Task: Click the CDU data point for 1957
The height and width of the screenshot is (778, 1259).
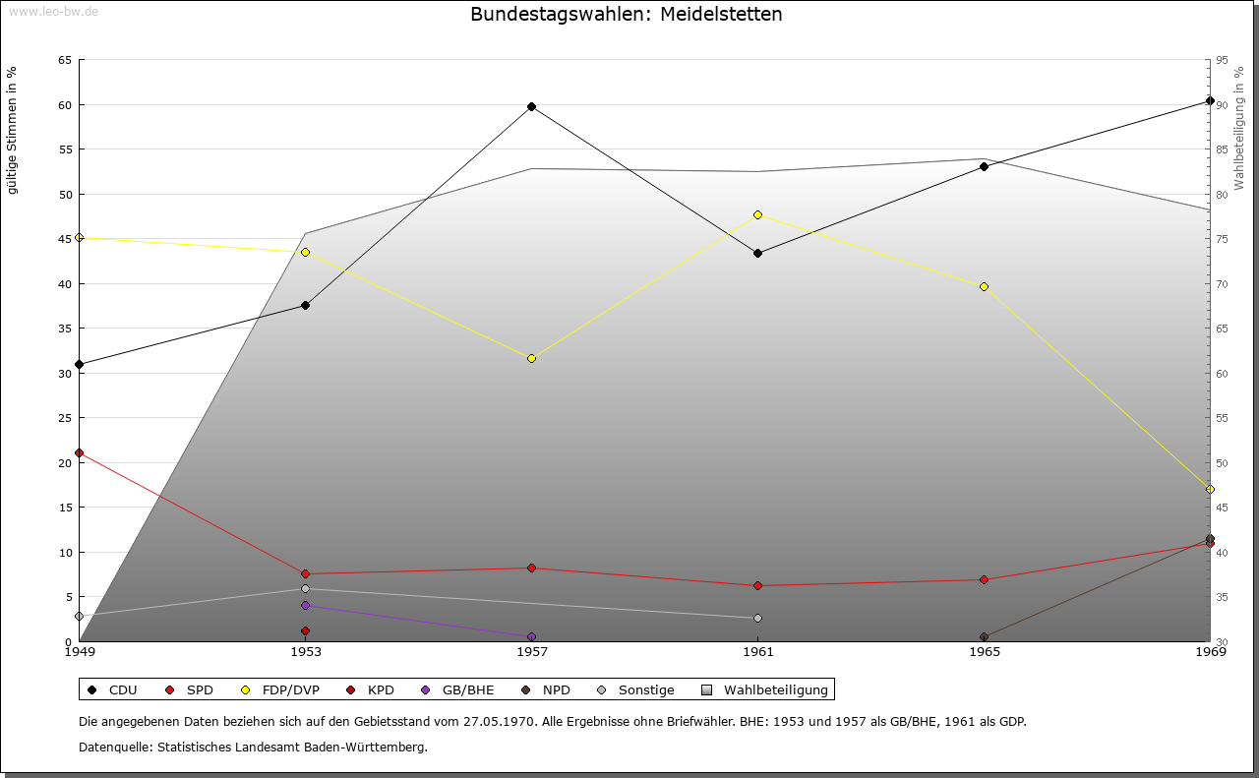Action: [531, 106]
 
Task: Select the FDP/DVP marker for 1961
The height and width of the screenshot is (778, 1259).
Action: [757, 214]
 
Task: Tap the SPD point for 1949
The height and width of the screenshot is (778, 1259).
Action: [79, 452]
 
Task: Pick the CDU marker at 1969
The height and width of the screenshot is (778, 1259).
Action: [1210, 100]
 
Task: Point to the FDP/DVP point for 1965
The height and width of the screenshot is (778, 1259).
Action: [984, 286]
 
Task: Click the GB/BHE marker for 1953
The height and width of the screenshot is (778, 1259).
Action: [305, 605]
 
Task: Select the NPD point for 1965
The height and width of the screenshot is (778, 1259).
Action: [984, 636]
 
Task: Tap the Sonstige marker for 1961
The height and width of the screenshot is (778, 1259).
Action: [757, 618]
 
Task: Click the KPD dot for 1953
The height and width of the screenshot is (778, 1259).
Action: [305, 630]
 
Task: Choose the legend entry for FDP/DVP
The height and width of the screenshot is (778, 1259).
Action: [282, 689]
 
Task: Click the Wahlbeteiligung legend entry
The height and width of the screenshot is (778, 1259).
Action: [775, 689]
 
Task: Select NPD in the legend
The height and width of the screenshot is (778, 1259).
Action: [556, 689]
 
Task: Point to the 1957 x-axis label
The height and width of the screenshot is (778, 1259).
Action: [532, 651]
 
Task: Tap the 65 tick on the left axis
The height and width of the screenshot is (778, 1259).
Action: [65, 60]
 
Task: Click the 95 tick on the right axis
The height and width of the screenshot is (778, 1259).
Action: [1222, 60]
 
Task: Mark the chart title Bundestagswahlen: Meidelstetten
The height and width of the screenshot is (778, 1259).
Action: [627, 14]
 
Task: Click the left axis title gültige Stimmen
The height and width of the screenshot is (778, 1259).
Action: [13, 130]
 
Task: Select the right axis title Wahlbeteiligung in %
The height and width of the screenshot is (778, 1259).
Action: [1239, 128]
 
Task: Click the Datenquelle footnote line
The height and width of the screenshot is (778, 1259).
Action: [253, 747]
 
